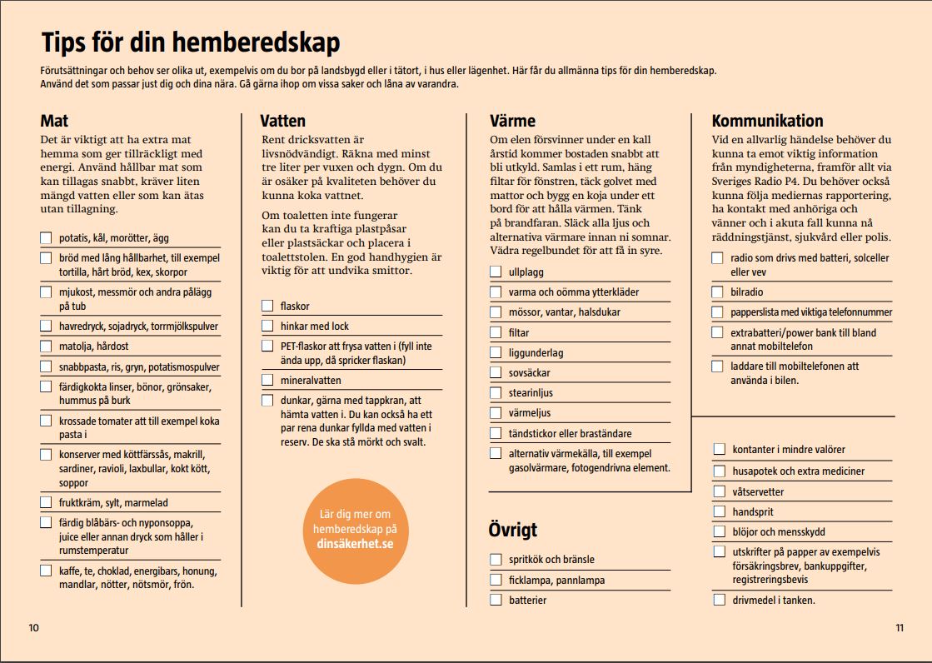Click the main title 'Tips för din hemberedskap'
[190, 43]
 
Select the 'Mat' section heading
[54, 121]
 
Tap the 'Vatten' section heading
[282, 121]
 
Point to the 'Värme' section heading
[512, 121]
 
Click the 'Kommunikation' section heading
[767, 121]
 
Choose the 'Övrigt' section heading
[512, 530]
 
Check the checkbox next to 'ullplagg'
[496, 272]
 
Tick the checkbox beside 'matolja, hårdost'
[46, 346]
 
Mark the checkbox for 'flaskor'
[267, 306]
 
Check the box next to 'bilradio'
[717, 292]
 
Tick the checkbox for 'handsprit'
[719, 511]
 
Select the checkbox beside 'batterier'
[496, 600]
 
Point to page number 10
[33, 628]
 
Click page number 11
[900, 628]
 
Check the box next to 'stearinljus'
[496, 393]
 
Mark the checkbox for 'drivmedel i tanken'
[719, 600]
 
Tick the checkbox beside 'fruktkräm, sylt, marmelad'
[46, 502]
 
